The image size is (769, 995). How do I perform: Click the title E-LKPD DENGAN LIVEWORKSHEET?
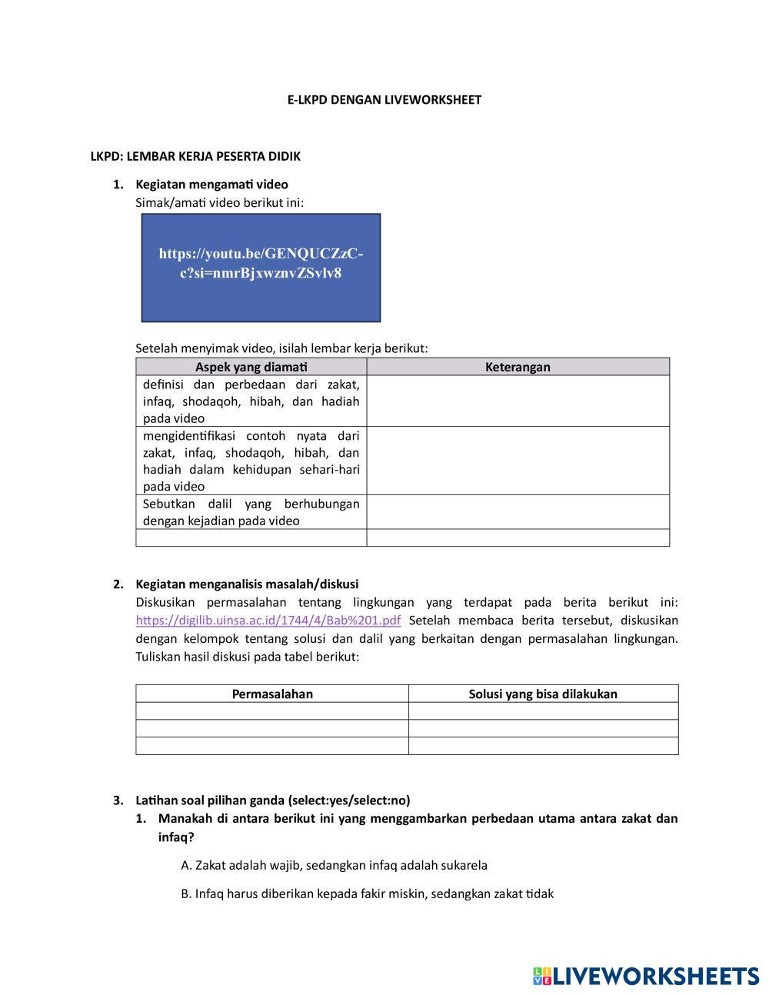click(384, 100)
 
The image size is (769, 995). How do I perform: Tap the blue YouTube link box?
click(261, 267)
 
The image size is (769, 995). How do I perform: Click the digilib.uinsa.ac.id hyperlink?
click(268, 621)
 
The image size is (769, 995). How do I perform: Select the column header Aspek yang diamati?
click(251, 367)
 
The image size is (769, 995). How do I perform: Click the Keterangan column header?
click(518, 367)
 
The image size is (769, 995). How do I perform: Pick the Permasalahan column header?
click(272, 694)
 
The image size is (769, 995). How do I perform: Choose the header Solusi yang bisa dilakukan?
click(543, 694)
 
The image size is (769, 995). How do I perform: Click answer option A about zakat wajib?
click(334, 865)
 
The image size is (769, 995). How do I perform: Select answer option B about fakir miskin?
click(367, 894)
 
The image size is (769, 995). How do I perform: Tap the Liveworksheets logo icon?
click(542, 977)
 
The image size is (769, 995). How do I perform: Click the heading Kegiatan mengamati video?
click(211, 185)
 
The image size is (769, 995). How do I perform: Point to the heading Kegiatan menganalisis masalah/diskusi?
click(247, 584)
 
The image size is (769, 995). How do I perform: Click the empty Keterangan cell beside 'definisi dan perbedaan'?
click(518, 401)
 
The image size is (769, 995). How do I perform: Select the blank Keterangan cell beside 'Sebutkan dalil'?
click(518, 511)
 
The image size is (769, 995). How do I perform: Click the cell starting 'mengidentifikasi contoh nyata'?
click(251, 461)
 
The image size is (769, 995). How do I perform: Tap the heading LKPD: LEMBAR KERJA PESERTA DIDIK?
click(195, 157)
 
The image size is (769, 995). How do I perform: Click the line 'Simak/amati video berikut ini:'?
click(219, 202)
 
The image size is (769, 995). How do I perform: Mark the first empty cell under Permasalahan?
click(272, 711)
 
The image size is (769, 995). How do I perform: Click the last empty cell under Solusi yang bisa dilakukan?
click(543, 746)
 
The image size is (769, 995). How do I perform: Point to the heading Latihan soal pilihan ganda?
click(272, 800)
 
